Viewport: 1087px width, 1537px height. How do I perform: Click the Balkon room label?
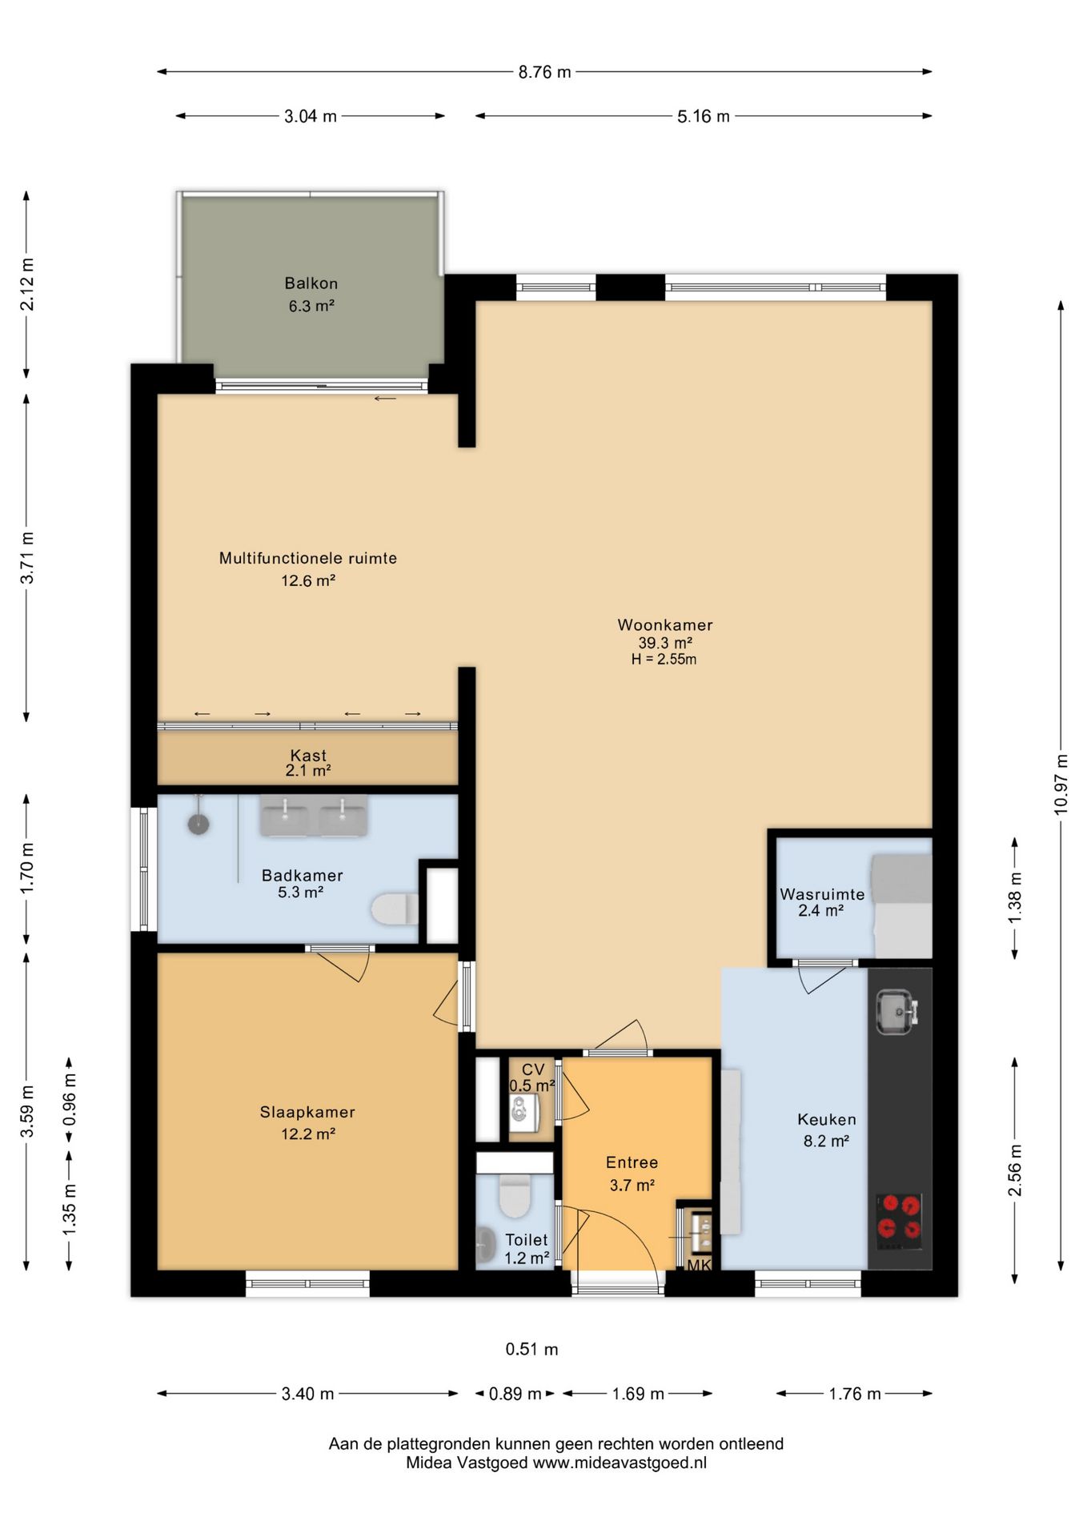[311, 283]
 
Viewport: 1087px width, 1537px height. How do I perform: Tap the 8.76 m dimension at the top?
[544, 72]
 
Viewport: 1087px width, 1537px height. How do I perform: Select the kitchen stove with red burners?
[899, 1222]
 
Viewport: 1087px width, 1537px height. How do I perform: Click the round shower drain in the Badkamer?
[199, 823]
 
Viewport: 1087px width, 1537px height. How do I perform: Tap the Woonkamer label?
[665, 625]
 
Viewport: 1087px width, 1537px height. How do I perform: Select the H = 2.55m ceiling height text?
[664, 660]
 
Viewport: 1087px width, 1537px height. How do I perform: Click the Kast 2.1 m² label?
[308, 763]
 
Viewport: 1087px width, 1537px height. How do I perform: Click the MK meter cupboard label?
[699, 1266]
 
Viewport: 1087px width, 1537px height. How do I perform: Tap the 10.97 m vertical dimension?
[1061, 785]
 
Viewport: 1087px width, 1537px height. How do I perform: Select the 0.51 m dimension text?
[531, 1349]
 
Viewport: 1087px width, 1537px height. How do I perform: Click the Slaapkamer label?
[307, 1112]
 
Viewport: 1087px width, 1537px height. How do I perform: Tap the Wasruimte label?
[822, 894]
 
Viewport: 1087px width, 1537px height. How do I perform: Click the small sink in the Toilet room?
[485, 1246]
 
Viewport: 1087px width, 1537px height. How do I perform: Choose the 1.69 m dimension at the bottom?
[638, 1394]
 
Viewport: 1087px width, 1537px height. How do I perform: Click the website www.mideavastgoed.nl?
[620, 1463]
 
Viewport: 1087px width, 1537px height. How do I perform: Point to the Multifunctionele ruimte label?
[308, 558]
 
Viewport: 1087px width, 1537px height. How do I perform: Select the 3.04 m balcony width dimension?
[311, 116]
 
